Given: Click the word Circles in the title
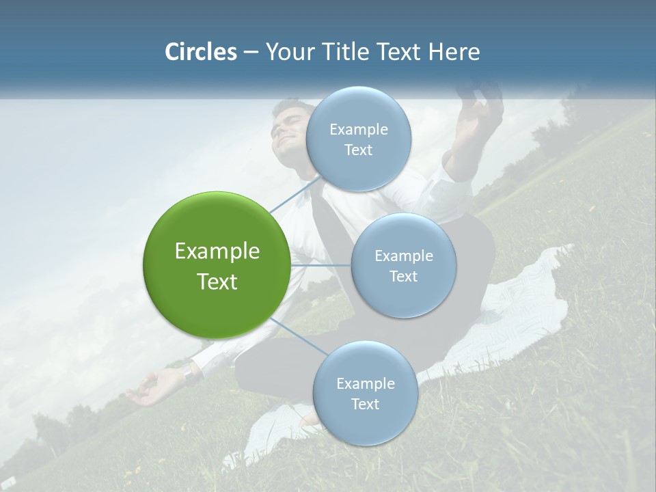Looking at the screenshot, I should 200,52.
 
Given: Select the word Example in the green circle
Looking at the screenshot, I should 217,251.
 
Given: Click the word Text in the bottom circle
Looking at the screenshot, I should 365,404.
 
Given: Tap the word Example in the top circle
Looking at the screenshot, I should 358,129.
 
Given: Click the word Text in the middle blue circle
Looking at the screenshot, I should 403,276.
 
